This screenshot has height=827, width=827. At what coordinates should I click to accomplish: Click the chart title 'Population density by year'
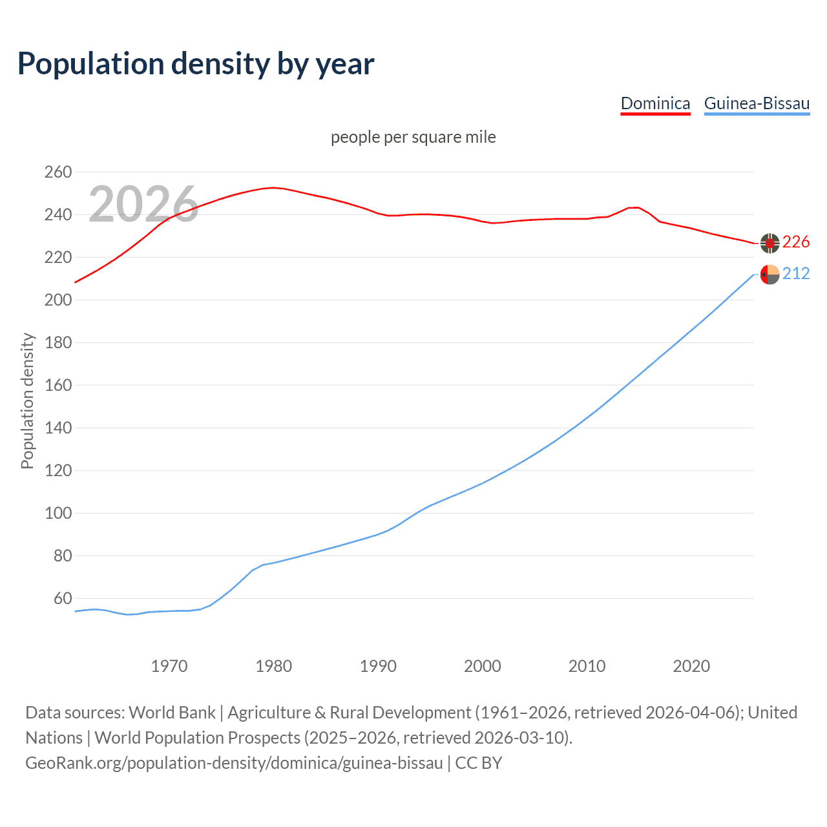(196, 64)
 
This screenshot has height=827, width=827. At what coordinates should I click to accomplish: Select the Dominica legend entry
(655, 103)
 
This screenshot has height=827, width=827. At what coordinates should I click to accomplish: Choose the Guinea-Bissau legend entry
(757, 103)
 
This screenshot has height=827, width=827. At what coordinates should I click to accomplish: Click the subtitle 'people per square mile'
(413, 137)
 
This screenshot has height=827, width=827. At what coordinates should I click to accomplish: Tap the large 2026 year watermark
(143, 204)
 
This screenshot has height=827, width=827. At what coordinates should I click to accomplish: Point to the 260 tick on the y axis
(58, 172)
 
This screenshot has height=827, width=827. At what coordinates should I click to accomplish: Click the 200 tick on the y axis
(58, 300)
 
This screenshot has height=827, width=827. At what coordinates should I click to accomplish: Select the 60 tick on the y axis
(62, 598)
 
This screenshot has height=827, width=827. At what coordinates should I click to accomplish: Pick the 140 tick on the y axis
(58, 428)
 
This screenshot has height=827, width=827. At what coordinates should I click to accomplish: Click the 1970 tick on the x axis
(169, 666)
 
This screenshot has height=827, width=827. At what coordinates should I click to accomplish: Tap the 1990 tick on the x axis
(378, 666)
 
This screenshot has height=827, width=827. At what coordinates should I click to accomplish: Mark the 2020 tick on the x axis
(691, 666)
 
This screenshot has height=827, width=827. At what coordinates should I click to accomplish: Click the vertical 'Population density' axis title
(27, 401)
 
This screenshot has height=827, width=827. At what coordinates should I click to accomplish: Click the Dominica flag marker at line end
(769, 243)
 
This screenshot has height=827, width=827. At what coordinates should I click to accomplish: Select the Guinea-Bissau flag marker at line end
(769, 275)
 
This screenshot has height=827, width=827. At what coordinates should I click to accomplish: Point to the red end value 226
(796, 242)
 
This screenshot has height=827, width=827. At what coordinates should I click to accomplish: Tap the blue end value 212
(796, 274)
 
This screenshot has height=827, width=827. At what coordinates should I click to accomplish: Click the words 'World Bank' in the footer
(172, 713)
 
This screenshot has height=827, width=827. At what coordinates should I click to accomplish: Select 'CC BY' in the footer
(479, 763)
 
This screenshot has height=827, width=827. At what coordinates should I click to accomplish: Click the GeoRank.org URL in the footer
(234, 763)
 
